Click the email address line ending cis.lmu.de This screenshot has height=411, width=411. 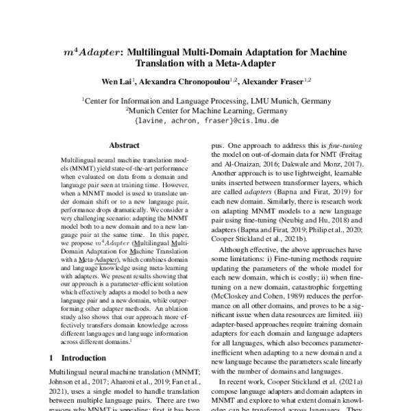[205, 121]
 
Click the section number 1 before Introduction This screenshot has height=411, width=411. [51, 358]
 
